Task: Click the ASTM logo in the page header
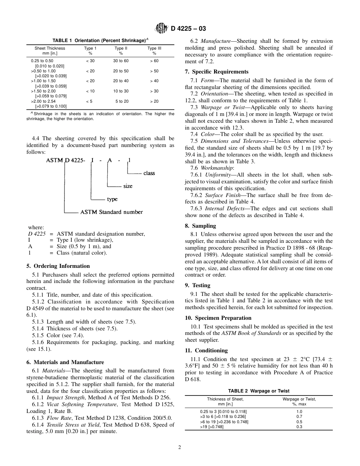pos(161,28)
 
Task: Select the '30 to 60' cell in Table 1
pos(121,61)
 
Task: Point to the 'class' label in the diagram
pos(149,173)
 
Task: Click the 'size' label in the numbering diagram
pos(128,186)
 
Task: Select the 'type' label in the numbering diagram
pos(112,199)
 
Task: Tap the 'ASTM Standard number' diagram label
pos(111,212)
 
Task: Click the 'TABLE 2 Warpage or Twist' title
pos(258,391)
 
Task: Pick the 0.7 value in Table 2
pos(299,416)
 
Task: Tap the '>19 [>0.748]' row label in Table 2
pos(211,427)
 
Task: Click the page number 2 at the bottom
pos(180,447)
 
